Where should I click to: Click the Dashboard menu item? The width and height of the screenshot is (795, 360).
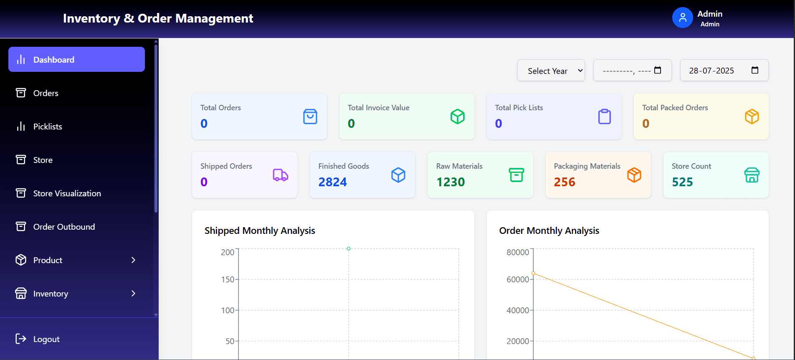(x=76, y=59)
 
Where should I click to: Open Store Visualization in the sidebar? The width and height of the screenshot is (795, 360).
(x=67, y=193)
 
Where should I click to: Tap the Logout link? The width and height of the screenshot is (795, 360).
(x=46, y=339)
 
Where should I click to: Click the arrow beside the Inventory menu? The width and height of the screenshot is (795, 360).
(x=133, y=294)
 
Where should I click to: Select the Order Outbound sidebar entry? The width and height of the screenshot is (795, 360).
(x=64, y=227)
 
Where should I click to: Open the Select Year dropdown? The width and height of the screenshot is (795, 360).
(x=551, y=71)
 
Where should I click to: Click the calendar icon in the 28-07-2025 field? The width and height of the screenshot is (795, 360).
(x=754, y=70)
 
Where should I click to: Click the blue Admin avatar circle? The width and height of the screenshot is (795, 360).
(x=682, y=18)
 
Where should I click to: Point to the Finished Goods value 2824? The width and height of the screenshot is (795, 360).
(x=332, y=182)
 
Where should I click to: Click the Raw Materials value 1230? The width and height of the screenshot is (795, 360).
(x=450, y=182)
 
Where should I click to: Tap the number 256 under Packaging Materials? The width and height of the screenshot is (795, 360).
(x=564, y=182)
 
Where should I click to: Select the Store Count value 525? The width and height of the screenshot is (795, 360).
(x=682, y=182)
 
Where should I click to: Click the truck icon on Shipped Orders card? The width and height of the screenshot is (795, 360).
(x=280, y=175)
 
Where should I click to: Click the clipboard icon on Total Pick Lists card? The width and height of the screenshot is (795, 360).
(x=604, y=117)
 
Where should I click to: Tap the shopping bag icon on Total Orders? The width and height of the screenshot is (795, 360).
(x=310, y=117)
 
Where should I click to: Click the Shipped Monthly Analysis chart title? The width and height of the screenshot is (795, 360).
(x=259, y=231)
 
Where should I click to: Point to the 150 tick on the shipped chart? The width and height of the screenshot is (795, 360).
(x=228, y=279)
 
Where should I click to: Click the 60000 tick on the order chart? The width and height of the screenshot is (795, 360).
(x=517, y=279)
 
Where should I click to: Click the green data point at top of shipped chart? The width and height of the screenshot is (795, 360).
(x=349, y=248)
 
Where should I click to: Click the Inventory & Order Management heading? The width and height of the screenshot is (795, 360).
(x=158, y=18)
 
